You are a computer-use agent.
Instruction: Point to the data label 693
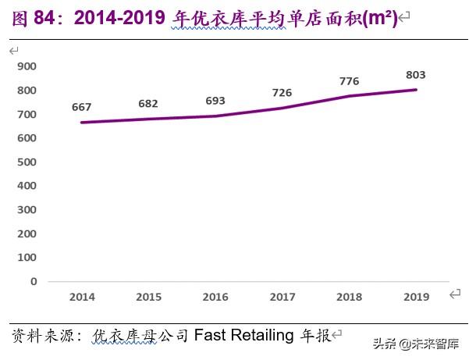pos(215,102)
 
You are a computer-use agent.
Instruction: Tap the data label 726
pos(282,94)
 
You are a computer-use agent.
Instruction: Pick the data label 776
pos(349,81)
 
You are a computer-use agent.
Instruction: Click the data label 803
pos(416,75)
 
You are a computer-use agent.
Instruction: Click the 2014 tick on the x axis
pos(82,297)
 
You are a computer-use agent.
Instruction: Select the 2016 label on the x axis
pos(215,297)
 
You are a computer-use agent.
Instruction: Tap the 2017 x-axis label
pos(282,297)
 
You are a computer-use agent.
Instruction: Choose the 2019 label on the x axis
pos(416,297)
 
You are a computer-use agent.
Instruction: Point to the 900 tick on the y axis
pos(27,67)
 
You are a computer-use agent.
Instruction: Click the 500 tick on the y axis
pos(27,162)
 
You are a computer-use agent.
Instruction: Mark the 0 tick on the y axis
pos(34,281)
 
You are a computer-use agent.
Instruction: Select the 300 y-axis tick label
pos(27,210)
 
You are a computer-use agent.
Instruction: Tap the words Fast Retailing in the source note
pos(244,335)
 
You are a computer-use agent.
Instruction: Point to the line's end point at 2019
pos(416,90)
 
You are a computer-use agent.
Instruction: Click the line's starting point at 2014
pos(82,123)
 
